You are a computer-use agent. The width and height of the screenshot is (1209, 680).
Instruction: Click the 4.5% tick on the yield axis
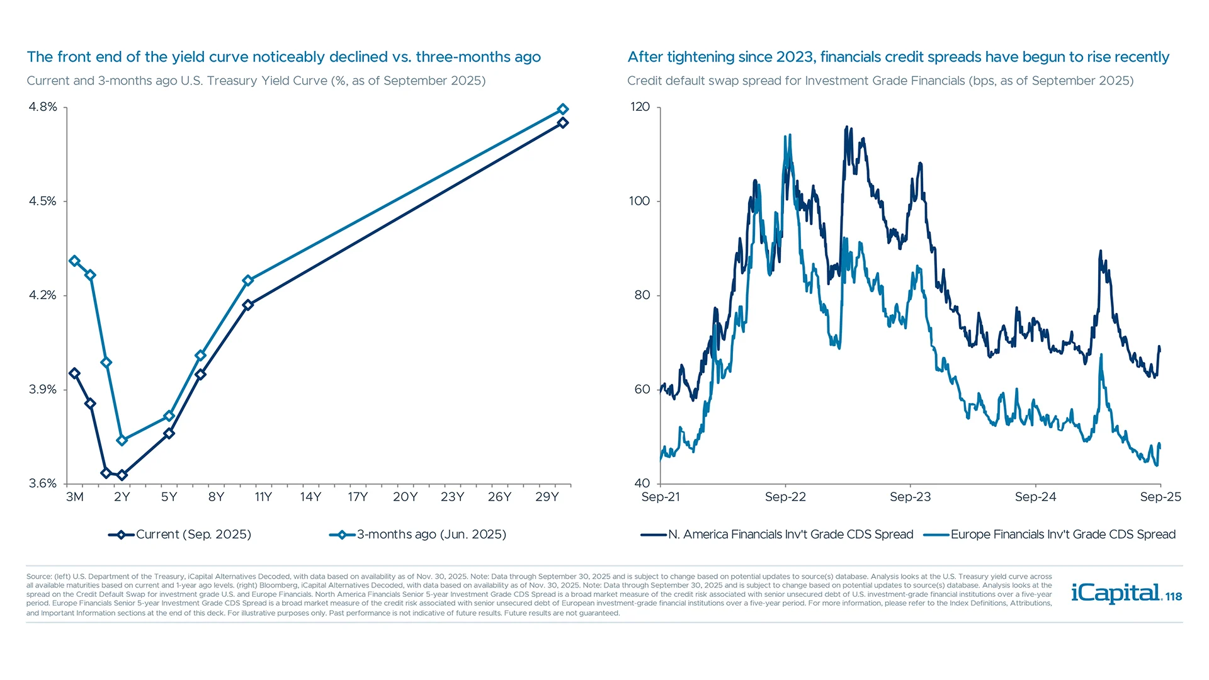click(43, 201)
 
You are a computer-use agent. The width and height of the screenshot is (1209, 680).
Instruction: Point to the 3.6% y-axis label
click(43, 484)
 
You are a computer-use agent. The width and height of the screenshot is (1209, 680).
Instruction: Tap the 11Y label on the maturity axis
click(263, 497)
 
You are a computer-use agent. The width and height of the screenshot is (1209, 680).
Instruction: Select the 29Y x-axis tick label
click(547, 497)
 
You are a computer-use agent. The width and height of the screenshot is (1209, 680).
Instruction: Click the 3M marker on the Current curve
click(74, 373)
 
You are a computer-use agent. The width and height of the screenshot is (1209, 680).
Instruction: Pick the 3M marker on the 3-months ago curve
click(74, 261)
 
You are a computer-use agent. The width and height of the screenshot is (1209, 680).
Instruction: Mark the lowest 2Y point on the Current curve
click(122, 475)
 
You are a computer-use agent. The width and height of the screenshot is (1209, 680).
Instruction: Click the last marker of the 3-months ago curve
click(563, 110)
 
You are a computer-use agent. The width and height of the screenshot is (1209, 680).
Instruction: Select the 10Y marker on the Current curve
click(247, 305)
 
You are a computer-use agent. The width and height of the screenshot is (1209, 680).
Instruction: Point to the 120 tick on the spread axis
click(640, 107)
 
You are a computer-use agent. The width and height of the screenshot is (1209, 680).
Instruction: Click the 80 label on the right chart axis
click(642, 295)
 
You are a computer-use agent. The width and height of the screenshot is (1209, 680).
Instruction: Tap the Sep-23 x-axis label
click(910, 497)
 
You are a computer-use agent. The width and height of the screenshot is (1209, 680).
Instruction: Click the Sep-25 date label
click(1160, 497)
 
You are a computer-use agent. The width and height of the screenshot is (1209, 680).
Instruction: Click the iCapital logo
click(1115, 593)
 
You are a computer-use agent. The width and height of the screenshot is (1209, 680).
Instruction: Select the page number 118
click(1174, 597)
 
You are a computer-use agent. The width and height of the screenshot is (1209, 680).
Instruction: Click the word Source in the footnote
click(38, 577)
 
